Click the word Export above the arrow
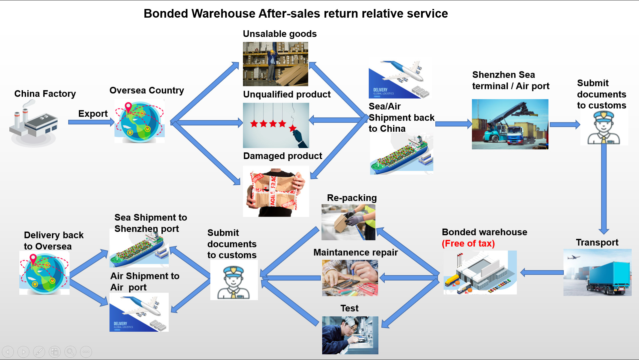[93, 114]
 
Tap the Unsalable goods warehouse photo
[275, 64]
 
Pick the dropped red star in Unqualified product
[293, 128]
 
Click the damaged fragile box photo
[276, 191]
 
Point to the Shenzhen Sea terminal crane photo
[510, 124]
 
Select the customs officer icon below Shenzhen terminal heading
[604, 128]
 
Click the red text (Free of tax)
[468, 244]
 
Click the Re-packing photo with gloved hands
[348, 222]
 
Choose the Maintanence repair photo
[350, 278]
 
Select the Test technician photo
[350, 335]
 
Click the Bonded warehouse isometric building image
[480, 272]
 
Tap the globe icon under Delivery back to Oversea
[44, 273]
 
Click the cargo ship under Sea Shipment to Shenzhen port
[139, 250]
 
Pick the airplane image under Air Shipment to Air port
[139, 312]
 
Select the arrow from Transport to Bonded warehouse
[541, 272]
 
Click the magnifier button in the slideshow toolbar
[70, 352]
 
